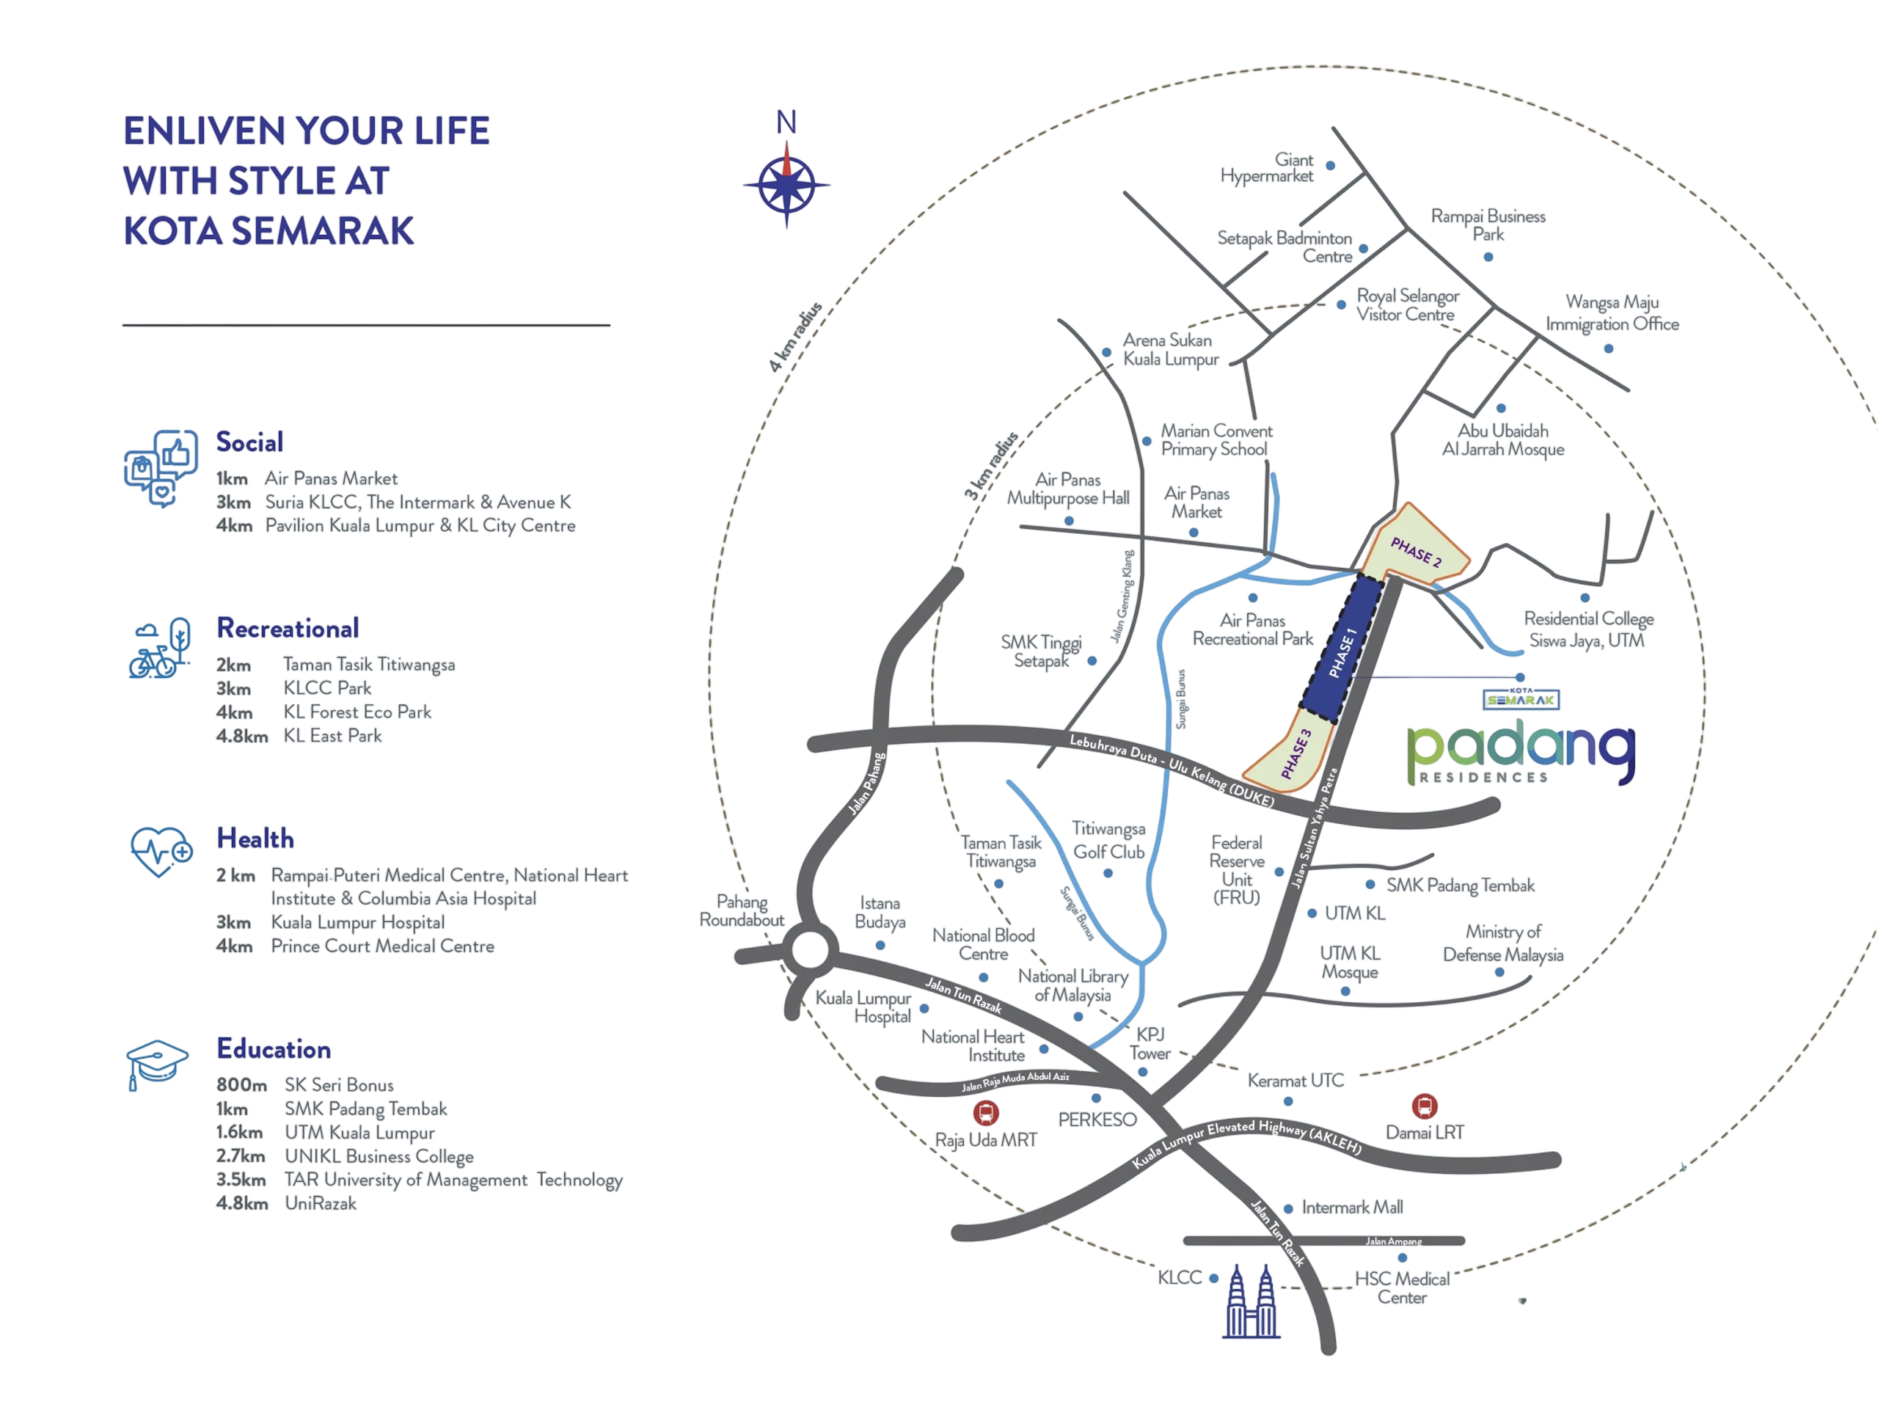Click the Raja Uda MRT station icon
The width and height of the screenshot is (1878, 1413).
(984, 1111)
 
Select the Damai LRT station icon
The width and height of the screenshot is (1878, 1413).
(1424, 1106)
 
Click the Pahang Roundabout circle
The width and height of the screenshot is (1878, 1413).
(808, 948)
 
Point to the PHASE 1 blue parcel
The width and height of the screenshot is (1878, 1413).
(1342, 652)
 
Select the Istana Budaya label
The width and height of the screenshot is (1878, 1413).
(880, 912)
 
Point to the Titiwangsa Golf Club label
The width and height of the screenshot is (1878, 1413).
(1108, 840)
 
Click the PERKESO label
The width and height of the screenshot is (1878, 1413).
(1097, 1120)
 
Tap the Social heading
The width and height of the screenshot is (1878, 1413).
(249, 442)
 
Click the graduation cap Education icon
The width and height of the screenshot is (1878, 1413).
(157, 1064)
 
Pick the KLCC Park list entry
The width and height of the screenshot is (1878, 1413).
(328, 688)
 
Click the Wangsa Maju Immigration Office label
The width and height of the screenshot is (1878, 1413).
(1612, 313)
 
